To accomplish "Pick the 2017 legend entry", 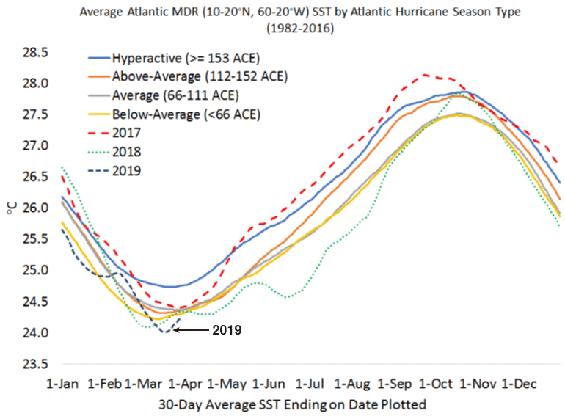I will (x=126, y=133).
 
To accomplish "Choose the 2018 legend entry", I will (x=126, y=152).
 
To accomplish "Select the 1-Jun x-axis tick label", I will (x=269, y=383).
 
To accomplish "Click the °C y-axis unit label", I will (x=12, y=208).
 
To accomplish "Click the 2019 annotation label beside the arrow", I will (x=227, y=330).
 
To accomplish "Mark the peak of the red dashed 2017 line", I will (x=423, y=75).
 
